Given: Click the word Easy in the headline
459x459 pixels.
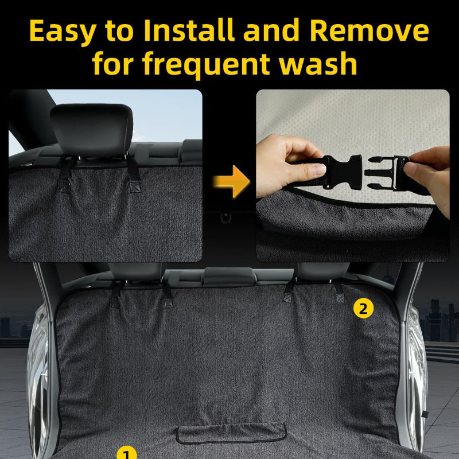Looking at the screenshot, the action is (x=63, y=32).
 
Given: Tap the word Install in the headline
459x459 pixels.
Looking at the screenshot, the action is (x=189, y=30).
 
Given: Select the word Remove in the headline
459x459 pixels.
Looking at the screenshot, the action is (x=369, y=30).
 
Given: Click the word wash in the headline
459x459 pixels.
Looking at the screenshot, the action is (x=318, y=63).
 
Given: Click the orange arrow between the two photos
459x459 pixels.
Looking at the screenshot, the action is (x=231, y=181).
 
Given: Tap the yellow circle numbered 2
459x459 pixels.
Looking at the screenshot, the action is (x=363, y=308).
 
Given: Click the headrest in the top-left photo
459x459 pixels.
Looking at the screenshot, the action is (x=92, y=129).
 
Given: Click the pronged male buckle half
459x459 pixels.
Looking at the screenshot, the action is (x=383, y=172).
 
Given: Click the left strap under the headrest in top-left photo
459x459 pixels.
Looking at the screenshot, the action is (x=67, y=174).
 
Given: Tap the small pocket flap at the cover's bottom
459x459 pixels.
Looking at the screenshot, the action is (x=231, y=433).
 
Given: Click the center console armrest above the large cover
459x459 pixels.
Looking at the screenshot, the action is (x=228, y=276).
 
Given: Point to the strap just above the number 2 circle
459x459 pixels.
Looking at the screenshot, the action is (x=339, y=292).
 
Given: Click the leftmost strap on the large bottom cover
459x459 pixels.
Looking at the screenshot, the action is (x=115, y=294).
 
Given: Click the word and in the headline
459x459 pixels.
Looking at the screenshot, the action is (x=271, y=30).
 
